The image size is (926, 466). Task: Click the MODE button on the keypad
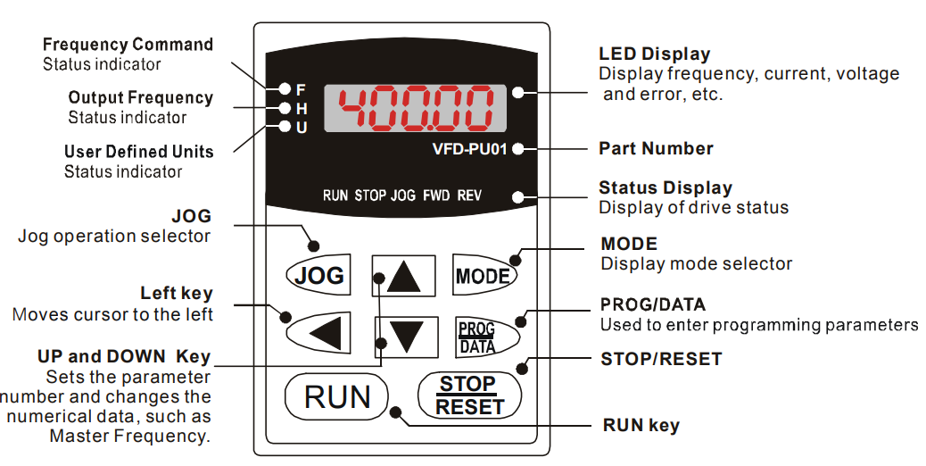[483, 276]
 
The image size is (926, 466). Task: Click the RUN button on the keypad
[336, 396]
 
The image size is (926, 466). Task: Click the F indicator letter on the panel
[301, 89]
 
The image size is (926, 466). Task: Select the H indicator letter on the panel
[301, 108]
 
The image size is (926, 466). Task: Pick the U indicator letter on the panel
[301, 128]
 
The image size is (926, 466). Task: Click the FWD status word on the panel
[436, 195]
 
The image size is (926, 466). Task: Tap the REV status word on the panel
[469, 195]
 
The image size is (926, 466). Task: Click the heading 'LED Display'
[654, 54]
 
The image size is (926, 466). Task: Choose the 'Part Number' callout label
[656, 148]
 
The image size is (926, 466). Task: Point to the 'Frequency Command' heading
[128, 44]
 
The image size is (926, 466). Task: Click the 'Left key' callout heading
[176, 294]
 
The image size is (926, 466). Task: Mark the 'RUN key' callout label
[641, 425]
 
